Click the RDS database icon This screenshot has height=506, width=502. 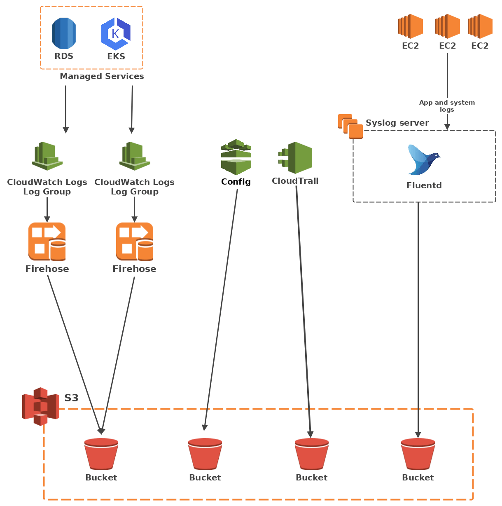(x=64, y=33)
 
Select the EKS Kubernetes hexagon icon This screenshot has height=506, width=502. (x=116, y=34)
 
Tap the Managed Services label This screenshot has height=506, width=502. (x=102, y=76)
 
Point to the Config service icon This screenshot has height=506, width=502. (x=236, y=157)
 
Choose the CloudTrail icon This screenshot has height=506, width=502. (x=295, y=158)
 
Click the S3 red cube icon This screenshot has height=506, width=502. (x=40, y=406)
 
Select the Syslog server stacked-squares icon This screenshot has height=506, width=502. (x=350, y=126)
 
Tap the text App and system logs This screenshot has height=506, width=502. (x=447, y=106)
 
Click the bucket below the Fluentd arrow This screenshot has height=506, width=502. (x=418, y=454)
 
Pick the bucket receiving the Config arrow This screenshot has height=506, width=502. (x=205, y=454)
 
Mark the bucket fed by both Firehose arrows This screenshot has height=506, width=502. (x=101, y=454)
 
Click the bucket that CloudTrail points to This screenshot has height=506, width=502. (x=312, y=454)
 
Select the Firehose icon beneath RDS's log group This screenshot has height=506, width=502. (x=47, y=242)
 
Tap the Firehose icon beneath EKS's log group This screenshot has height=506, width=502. (x=135, y=242)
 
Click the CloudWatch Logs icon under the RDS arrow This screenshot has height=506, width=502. (x=47, y=156)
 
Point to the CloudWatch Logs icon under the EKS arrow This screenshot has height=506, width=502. (x=135, y=156)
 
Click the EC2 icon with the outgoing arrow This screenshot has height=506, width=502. (x=447, y=26)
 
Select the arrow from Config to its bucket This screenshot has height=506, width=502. (x=221, y=309)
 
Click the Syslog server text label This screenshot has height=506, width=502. (x=397, y=123)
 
